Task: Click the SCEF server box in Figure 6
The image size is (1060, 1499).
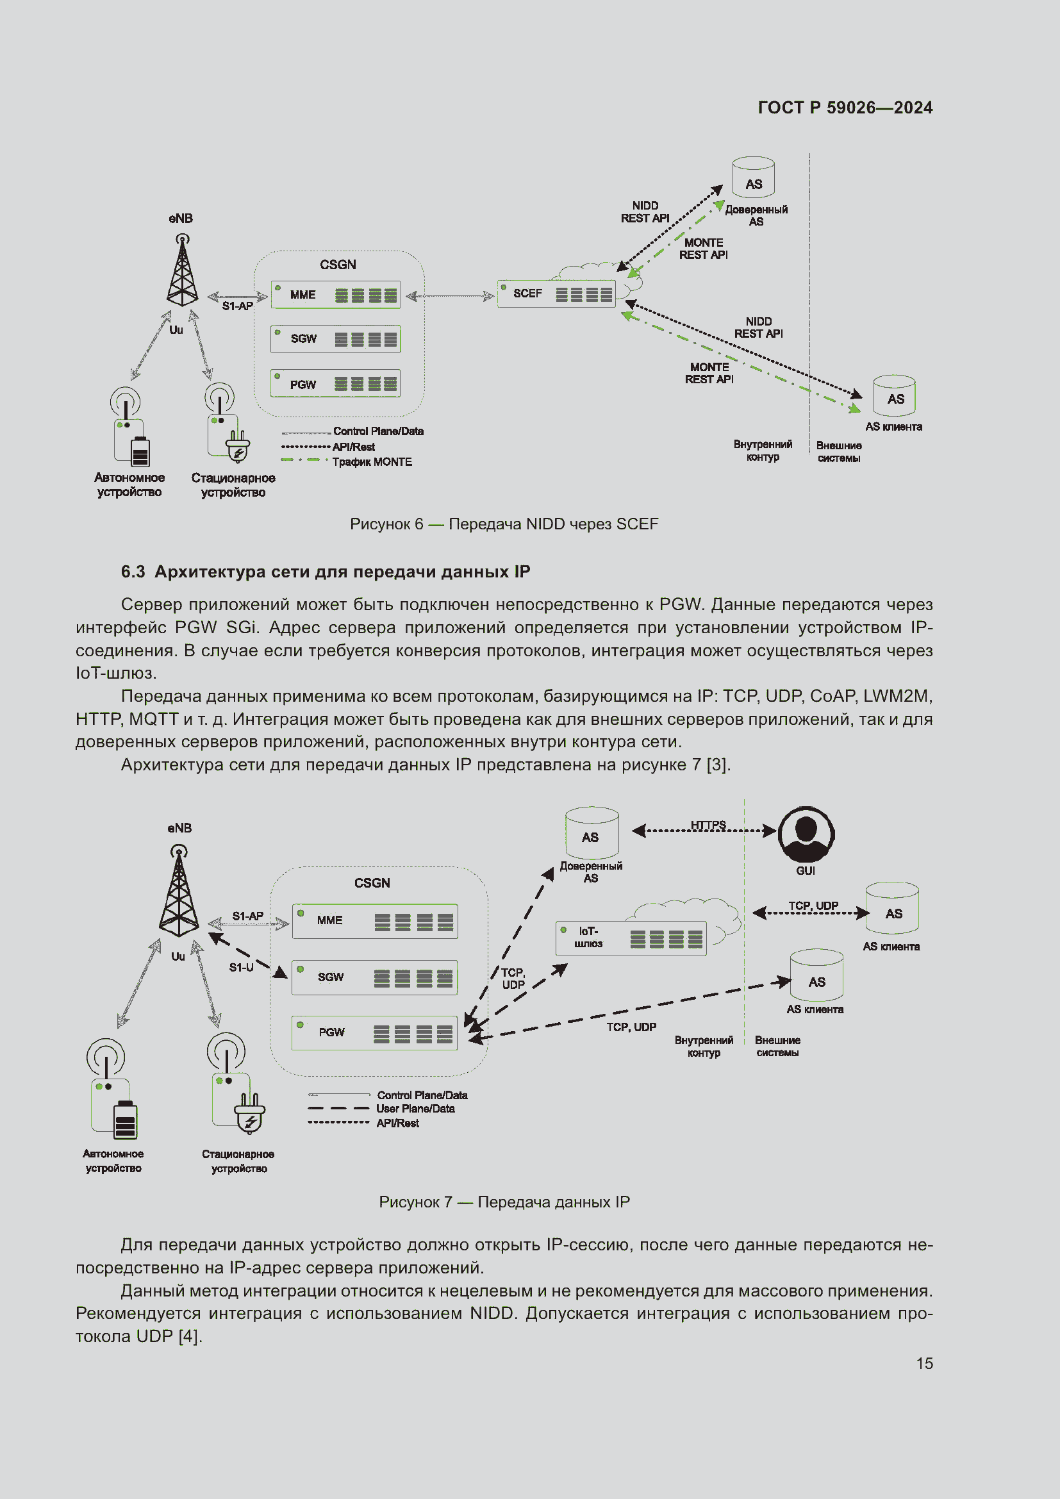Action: (556, 294)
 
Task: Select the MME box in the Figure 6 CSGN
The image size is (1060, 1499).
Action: (335, 295)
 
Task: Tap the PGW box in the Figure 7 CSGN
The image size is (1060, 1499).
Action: (374, 1032)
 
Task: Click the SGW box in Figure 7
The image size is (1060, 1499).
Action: (374, 977)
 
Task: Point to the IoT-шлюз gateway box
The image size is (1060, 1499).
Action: (631, 938)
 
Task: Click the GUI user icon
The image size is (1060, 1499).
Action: (806, 834)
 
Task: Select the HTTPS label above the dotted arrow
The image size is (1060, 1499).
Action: (708, 825)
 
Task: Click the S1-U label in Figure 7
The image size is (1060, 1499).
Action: (241, 967)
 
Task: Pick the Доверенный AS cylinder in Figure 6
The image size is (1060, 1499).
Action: (753, 178)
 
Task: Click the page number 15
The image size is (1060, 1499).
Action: (924, 1363)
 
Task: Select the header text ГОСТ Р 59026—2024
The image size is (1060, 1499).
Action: (845, 108)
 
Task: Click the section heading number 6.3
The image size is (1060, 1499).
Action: (133, 572)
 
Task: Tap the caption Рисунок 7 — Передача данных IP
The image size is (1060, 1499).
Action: (504, 1202)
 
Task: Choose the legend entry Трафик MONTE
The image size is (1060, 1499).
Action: (372, 462)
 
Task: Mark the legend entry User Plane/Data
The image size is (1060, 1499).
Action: (415, 1109)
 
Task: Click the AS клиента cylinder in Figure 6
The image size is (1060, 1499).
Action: (894, 395)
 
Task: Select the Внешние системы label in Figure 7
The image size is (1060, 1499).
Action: (777, 1046)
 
